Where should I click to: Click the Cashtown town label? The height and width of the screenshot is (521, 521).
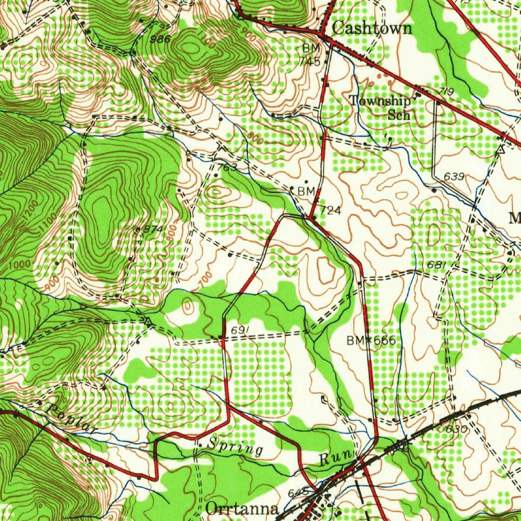pyautogui.click(x=372, y=28)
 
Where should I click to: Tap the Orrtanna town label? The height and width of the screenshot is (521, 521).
pyautogui.click(x=243, y=509)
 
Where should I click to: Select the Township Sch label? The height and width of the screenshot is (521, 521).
pyautogui.click(x=381, y=107)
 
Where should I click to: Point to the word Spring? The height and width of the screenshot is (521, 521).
pyautogui.click(x=236, y=448)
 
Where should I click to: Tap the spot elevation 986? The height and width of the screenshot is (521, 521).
pyautogui.click(x=160, y=39)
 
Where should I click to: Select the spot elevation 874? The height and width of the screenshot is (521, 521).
pyautogui.click(x=153, y=229)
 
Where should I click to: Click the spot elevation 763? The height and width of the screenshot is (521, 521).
pyautogui.click(x=227, y=167)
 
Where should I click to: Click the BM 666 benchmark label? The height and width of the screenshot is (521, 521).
pyautogui.click(x=371, y=340)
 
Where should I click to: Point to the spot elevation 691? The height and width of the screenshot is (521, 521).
pyautogui.click(x=240, y=331)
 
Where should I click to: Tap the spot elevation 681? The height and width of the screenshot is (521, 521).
pyautogui.click(x=437, y=265)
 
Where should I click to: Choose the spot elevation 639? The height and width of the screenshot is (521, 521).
pyautogui.click(x=454, y=177)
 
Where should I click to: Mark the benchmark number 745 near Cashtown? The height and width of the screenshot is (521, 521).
pyautogui.click(x=310, y=62)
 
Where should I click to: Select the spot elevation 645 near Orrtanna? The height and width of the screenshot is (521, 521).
pyautogui.click(x=298, y=493)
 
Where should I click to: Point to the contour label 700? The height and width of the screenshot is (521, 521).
pyautogui.click(x=204, y=279)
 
